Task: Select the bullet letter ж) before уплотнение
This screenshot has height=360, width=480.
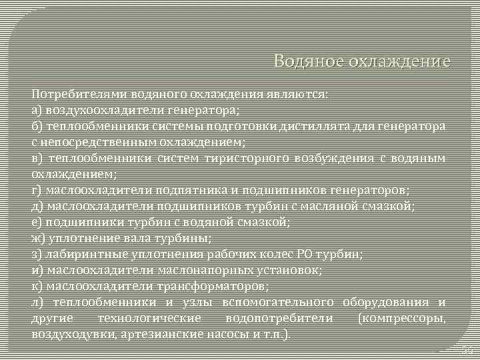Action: click(x=38, y=238)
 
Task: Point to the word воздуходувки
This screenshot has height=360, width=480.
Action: click(x=73, y=334)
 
